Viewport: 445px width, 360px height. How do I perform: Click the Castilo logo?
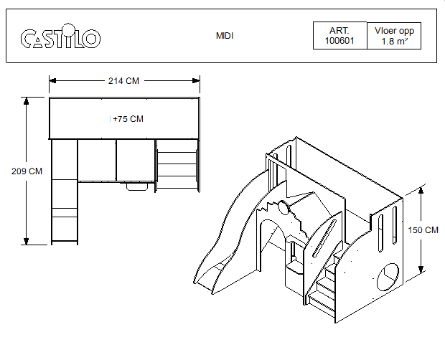click(x=60, y=37)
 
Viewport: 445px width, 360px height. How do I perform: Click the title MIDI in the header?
click(x=225, y=36)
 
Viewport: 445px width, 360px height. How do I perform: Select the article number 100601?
click(x=339, y=41)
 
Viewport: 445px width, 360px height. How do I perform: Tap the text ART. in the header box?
click(x=339, y=31)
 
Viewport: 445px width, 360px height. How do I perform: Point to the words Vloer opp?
click(x=394, y=31)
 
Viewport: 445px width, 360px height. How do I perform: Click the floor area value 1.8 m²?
click(x=395, y=42)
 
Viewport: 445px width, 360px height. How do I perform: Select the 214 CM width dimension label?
click(x=123, y=81)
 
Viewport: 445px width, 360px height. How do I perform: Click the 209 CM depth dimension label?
click(x=27, y=171)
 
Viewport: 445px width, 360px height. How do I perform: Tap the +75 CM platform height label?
click(x=128, y=119)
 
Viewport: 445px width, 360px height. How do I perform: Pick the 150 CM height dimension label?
click(x=423, y=230)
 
